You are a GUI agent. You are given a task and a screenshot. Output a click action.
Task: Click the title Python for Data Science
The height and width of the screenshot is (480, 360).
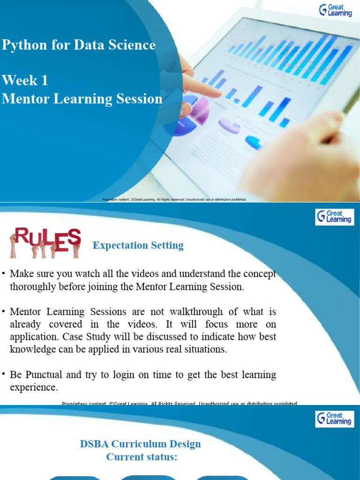[79, 45]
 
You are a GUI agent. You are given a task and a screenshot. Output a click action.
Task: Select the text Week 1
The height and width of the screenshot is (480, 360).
[25, 81]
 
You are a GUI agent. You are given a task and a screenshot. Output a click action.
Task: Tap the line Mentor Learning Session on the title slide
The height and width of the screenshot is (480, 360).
[82, 99]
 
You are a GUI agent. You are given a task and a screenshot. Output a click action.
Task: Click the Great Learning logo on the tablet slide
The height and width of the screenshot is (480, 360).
[335, 10]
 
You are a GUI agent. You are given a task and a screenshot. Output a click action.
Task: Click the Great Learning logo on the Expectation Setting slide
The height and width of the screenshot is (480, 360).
[334, 217]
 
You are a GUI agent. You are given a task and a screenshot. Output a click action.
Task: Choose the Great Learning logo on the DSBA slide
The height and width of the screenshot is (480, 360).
[334, 419]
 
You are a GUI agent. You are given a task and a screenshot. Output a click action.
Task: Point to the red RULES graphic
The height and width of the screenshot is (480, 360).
[46, 241]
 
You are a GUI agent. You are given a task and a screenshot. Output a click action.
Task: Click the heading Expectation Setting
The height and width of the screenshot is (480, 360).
[138, 245]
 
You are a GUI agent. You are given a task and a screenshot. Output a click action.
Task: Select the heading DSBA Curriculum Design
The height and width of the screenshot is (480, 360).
[140, 444]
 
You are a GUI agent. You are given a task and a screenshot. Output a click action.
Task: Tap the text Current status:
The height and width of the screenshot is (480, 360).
[142, 457]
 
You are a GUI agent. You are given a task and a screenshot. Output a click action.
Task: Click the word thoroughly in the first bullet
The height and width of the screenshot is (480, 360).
[31, 287]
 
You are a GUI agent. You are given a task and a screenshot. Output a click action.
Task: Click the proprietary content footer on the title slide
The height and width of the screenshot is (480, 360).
[174, 199]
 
